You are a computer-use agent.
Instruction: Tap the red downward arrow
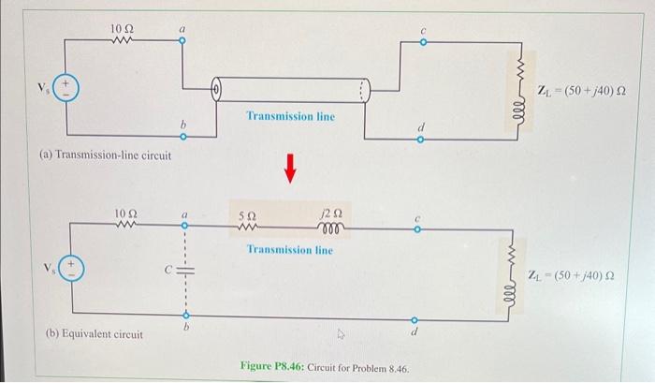290,168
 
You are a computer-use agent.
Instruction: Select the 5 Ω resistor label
249,214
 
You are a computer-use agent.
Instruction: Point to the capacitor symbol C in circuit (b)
182,269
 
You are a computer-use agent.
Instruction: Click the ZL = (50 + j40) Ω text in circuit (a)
581,90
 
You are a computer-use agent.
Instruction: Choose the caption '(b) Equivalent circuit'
95,334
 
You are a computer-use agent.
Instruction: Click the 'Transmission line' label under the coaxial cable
290,117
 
